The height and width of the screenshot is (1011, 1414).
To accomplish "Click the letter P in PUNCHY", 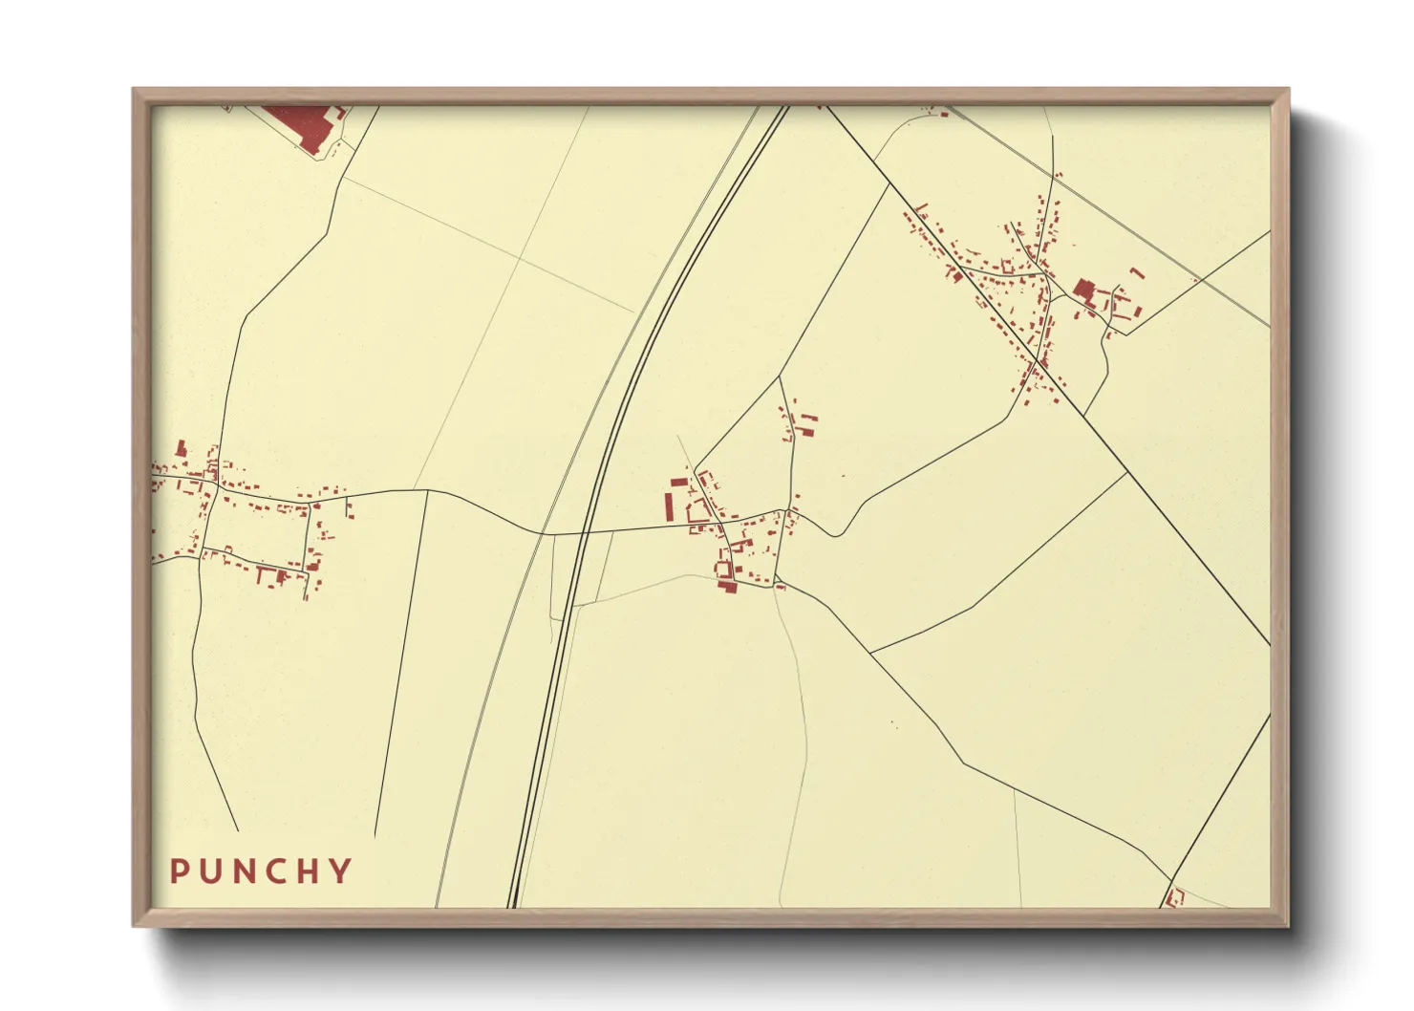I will (179, 871).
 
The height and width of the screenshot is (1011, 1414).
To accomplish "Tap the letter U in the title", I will (211, 871).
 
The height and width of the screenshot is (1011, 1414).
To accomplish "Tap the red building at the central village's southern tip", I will (727, 586).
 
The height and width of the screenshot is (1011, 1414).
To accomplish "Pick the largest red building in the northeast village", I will (1083, 290).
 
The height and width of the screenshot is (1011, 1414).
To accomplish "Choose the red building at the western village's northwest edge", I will (181, 447).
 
